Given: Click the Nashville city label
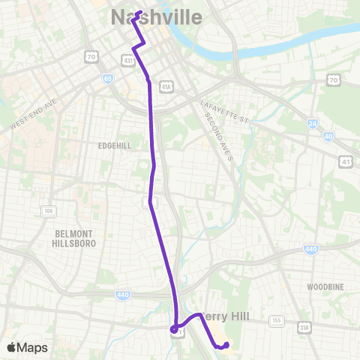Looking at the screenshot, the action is pyautogui.click(x=156, y=16).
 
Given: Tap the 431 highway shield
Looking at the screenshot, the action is pyautogui.click(x=128, y=59).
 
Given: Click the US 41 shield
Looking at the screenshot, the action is pyautogui.click(x=346, y=160).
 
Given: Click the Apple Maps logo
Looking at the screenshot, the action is pyautogui.click(x=26, y=347).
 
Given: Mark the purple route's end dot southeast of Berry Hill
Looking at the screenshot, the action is pyautogui.click(x=226, y=345).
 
